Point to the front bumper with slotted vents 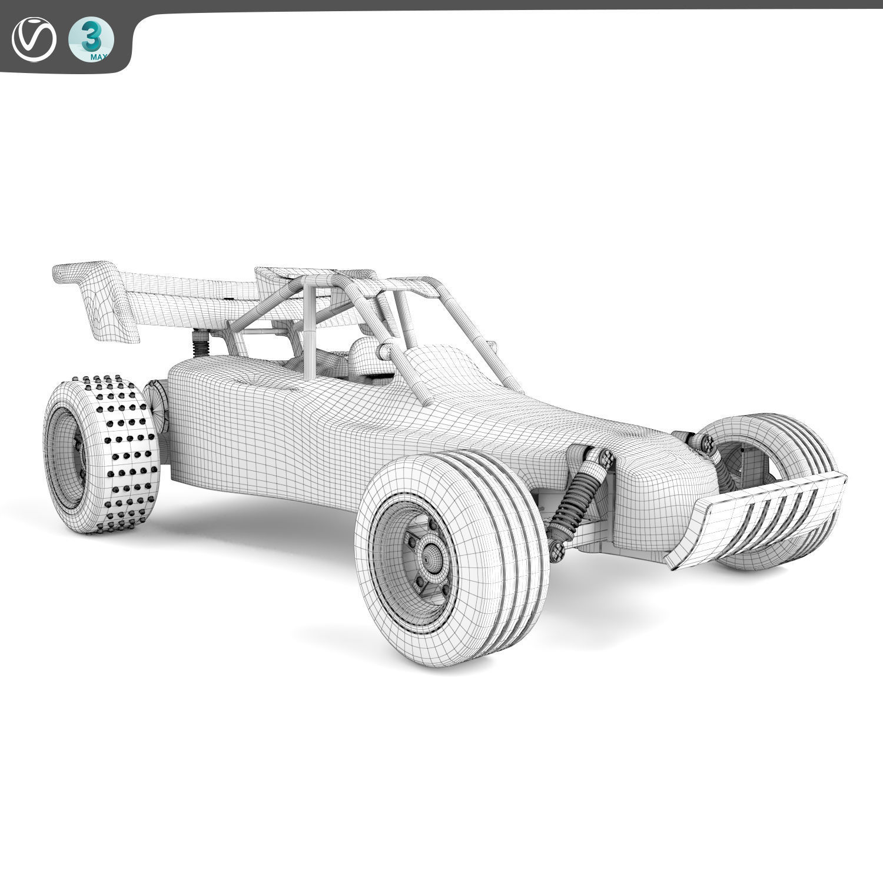point(759,518)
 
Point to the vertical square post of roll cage point(310,330)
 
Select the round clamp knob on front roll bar point(386,351)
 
